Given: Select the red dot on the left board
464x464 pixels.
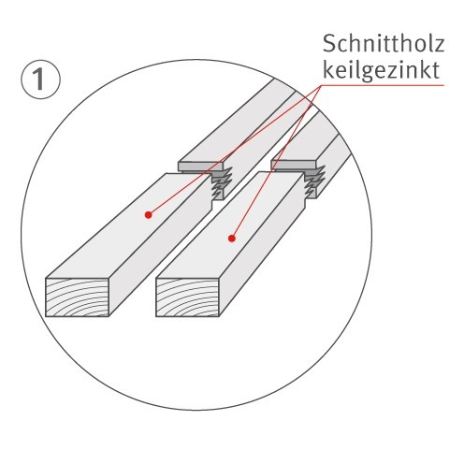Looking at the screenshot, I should [x=148, y=214].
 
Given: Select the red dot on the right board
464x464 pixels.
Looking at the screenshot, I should [x=230, y=238].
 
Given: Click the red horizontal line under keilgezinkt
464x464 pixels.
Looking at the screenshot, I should [x=393, y=85].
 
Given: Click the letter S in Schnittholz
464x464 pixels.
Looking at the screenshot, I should [x=327, y=44].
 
